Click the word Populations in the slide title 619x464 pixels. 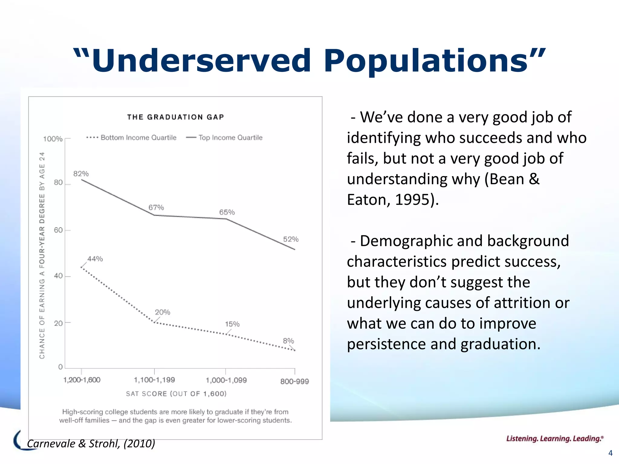(429, 61)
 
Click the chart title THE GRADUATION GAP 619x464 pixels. (176, 117)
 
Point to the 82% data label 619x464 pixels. (81, 174)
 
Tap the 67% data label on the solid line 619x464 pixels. (156, 208)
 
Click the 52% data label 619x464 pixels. (291, 239)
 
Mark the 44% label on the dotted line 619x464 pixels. (95, 259)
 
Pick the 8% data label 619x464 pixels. (288, 341)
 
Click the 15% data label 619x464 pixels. (232, 324)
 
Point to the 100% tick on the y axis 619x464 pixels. (53, 139)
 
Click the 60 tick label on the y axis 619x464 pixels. (58, 230)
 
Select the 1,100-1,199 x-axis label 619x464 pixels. (154, 380)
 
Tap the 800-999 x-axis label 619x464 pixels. (294, 382)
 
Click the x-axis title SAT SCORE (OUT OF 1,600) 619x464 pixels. (176, 394)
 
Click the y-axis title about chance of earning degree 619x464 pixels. (42, 255)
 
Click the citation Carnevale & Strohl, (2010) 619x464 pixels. (91, 443)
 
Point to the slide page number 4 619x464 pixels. (610, 453)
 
